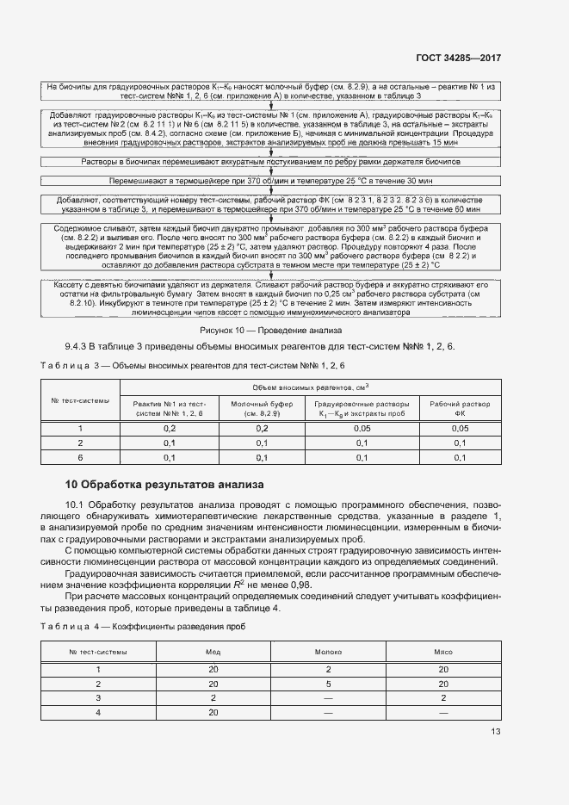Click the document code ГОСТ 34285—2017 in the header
[457, 58]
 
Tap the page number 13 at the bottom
[495, 732]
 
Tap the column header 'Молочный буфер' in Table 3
[263, 407]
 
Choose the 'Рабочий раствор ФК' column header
[460, 407]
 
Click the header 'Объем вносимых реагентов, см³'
[312, 387]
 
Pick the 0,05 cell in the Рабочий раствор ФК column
[460, 428]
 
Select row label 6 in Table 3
[80, 457]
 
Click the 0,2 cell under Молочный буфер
[263, 428]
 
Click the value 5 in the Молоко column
[329, 683]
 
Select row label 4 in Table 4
[98, 712]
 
